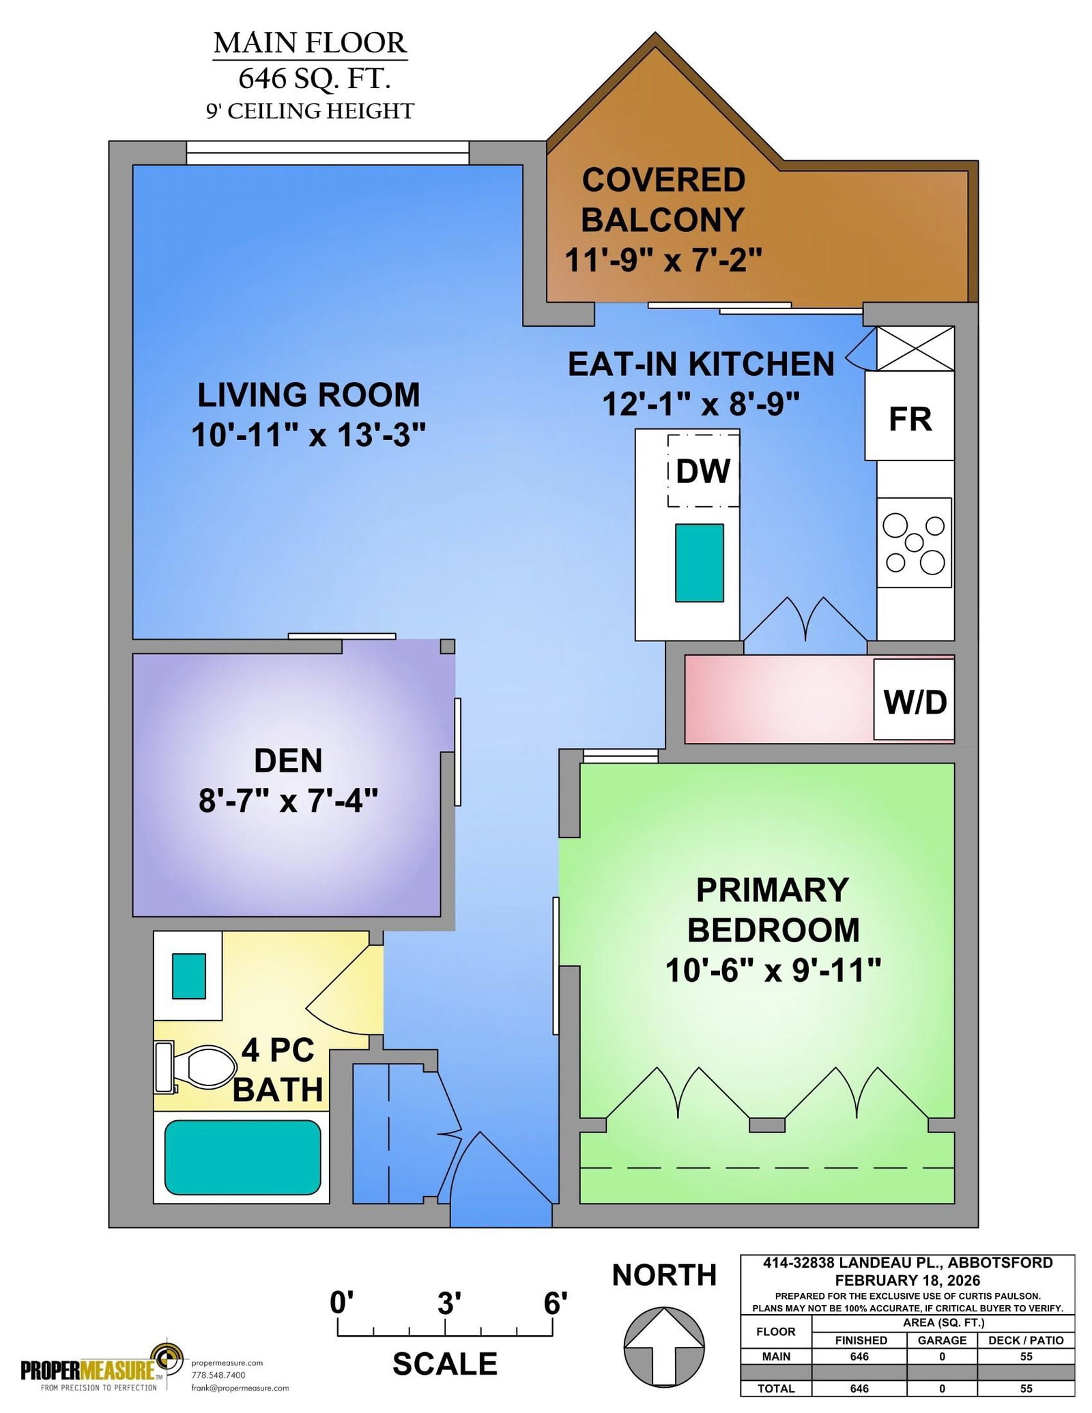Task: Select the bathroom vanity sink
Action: coord(188,976)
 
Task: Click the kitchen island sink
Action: coord(699,563)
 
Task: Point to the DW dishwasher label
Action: coord(703,471)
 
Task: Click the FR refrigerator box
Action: coord(909,416)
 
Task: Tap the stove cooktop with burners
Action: coord(914,542)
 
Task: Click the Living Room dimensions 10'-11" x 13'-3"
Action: coord(308,435)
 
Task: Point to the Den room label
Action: coord(288,761)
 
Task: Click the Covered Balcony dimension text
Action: coord(663,259)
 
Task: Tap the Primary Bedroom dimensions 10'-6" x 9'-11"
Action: coord(773,970)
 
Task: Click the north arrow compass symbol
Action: coord(664,1348)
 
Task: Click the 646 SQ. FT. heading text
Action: coord(315,78)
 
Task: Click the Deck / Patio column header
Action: coord(1026,1340)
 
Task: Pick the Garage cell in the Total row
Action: coord(942,1388)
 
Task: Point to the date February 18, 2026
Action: coord(908,1280)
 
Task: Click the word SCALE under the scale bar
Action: coord(445,1364)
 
